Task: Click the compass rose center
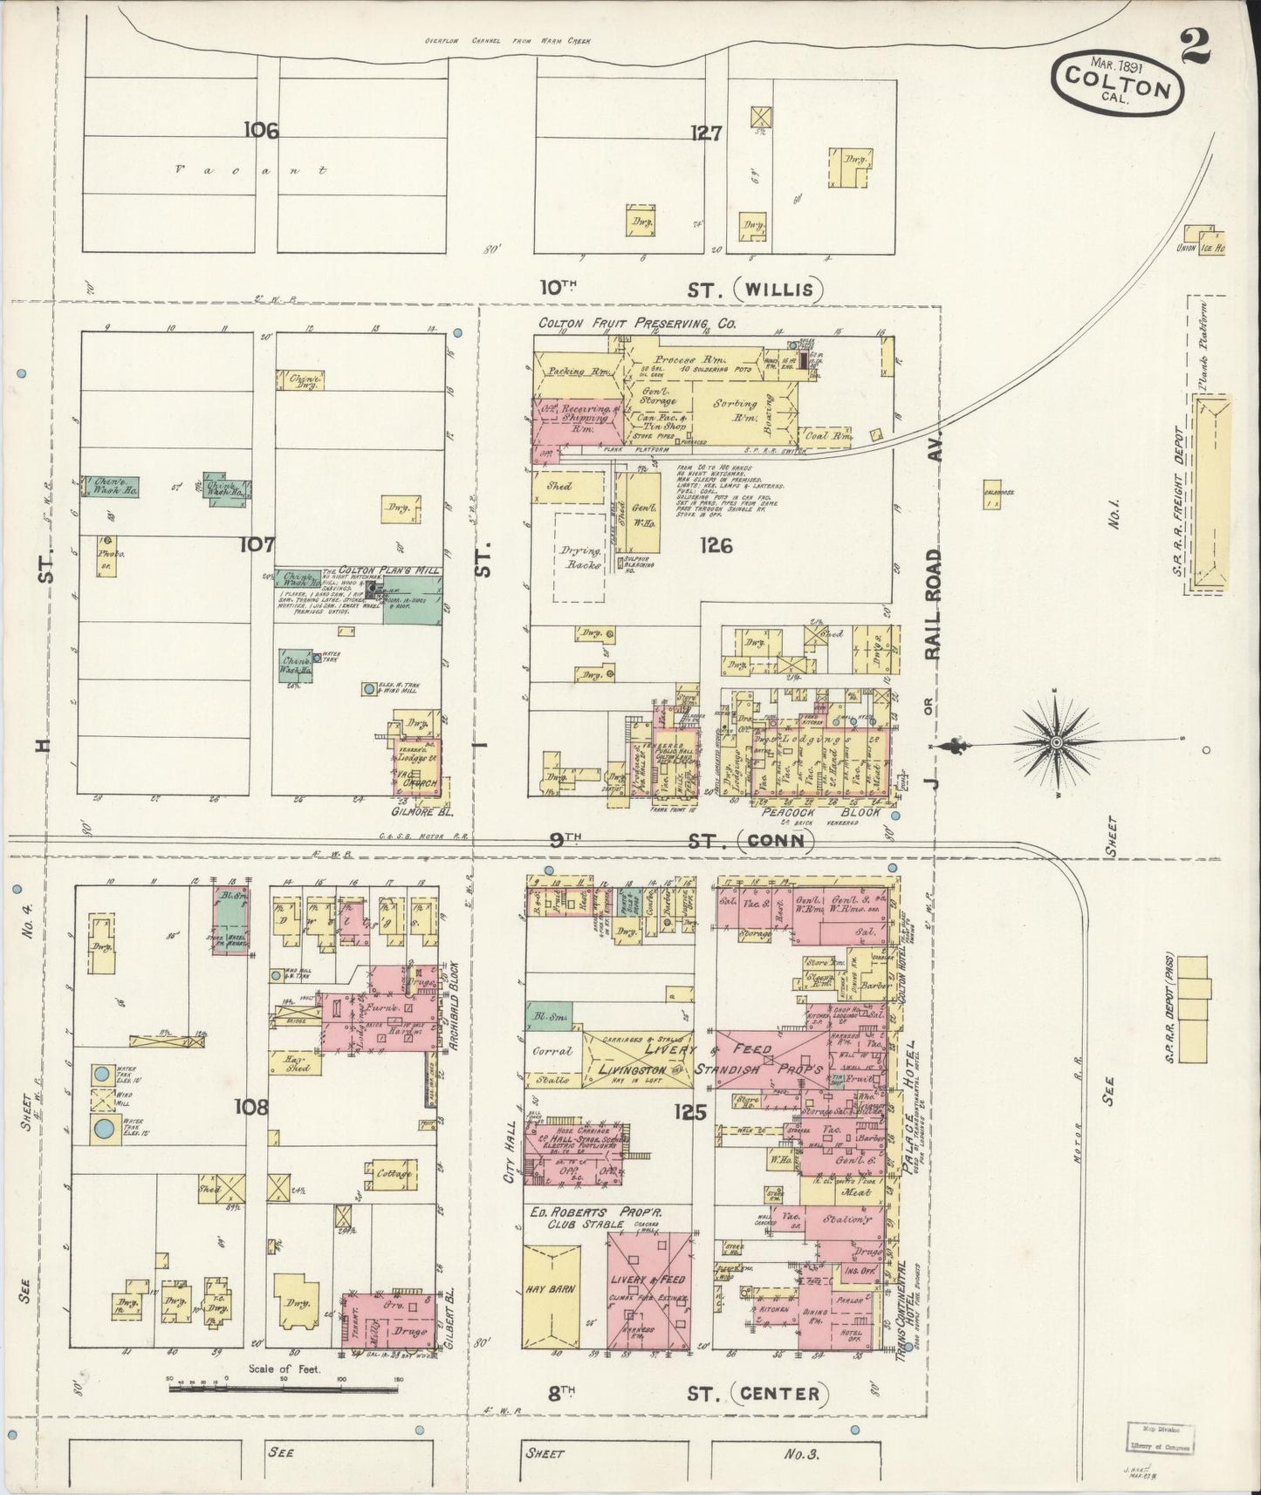tap(1056, 742)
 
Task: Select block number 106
tap(261, 131)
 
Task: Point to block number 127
tap(705, 133)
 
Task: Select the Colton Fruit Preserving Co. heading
tap(637, 324)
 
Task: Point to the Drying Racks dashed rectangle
tap(581, 552)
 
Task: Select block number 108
tap(252, 1108)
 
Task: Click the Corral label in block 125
tap(552, 1051)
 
